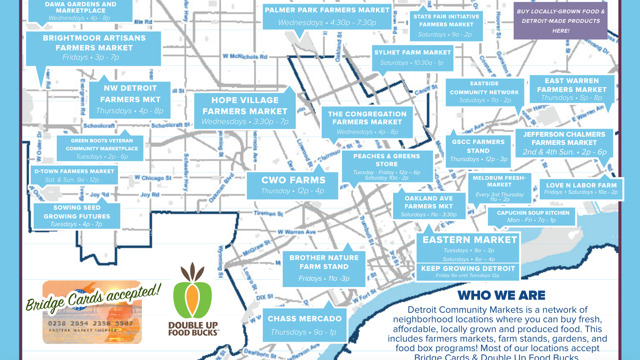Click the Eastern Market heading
[469, 240]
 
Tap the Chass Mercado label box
[304, 325]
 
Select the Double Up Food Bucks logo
[193, 300]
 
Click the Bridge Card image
[92, 312]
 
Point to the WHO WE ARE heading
[501, 295]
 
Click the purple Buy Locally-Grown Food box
[560, 21]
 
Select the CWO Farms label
[293, 185]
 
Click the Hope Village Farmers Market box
[245, 111]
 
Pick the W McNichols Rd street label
[245, 57]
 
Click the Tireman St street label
[268, 213]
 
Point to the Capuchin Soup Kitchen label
[532, 216]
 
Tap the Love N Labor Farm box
[581, 188]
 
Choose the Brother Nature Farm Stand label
[324, 268]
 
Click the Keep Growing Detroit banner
[468, 271]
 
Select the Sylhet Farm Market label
[412, 57]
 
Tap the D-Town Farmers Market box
[74, 175]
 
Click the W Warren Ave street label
[297, 232]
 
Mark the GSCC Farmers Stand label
[478, 150]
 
